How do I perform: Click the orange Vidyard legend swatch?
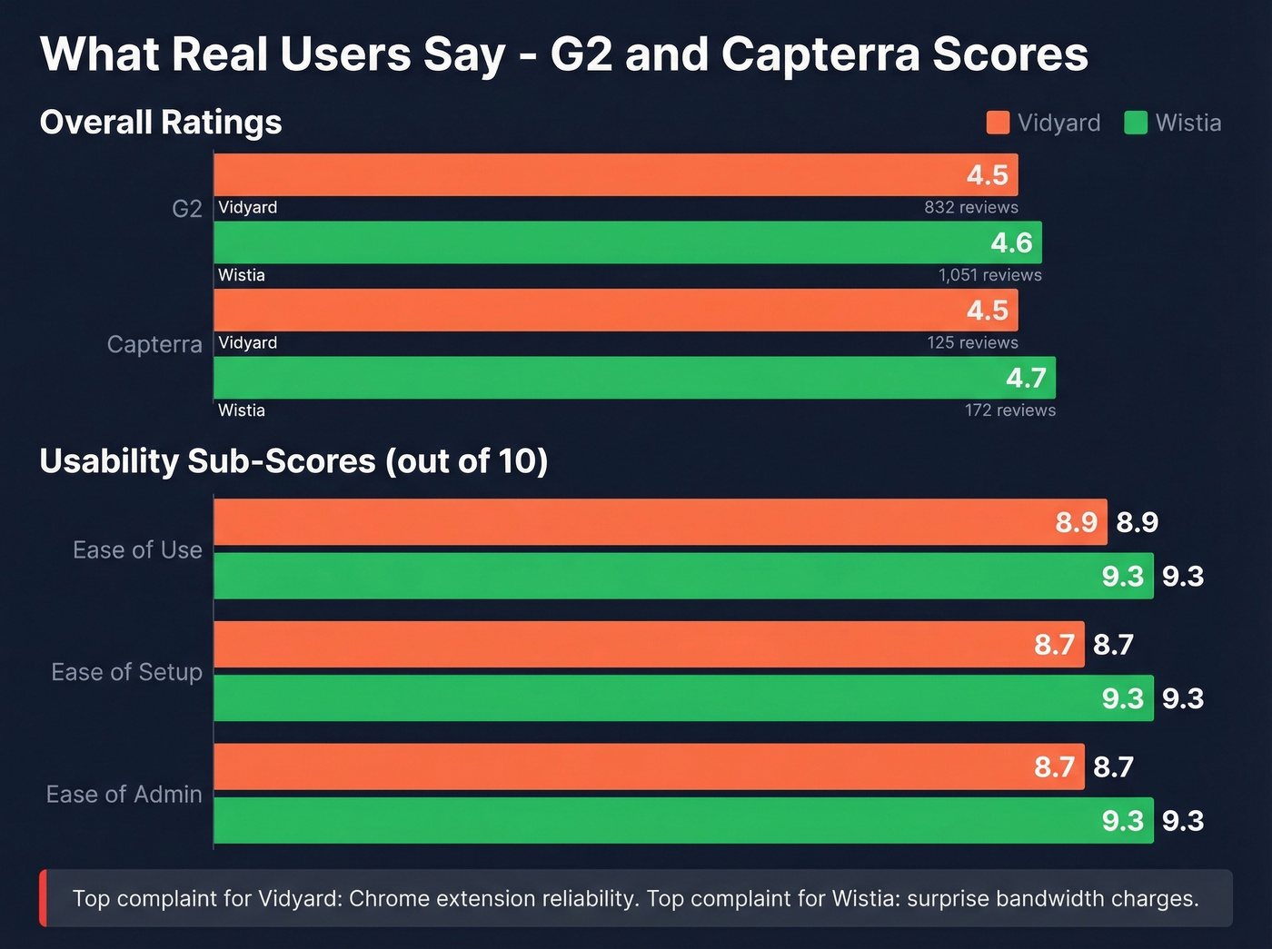998,123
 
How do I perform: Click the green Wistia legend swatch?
1136,123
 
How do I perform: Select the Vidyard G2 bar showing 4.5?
615,174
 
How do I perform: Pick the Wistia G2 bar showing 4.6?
627,242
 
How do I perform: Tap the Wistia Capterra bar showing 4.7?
634,378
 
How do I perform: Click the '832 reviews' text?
970,207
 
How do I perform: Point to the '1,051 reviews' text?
989,275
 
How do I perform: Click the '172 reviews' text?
1009,410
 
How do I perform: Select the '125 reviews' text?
972,342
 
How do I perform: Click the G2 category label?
186,209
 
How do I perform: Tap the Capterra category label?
154,344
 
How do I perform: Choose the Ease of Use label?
137,550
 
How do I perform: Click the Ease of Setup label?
126,672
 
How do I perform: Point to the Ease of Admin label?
124,794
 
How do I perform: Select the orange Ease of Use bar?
660,522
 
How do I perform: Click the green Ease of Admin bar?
683,820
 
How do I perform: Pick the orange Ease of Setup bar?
649,644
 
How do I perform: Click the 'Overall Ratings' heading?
161,123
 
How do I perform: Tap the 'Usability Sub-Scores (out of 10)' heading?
293,461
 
